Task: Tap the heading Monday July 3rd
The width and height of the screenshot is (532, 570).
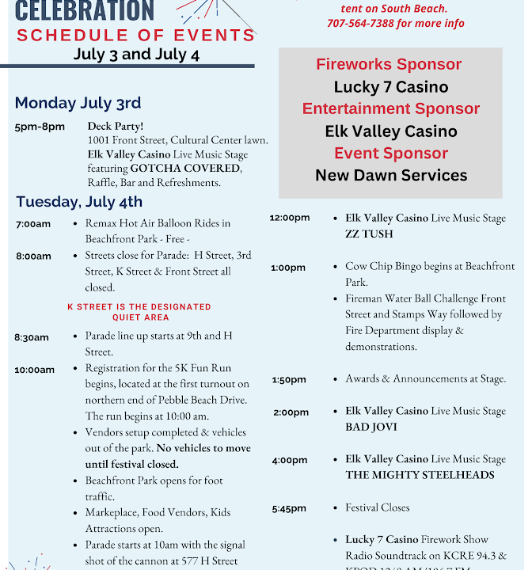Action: click(78, 103)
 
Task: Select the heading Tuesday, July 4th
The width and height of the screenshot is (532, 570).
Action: click(79, 201)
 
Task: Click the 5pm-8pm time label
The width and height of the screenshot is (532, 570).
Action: click(40, 127)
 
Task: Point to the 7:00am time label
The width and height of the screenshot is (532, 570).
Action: click(33, 224)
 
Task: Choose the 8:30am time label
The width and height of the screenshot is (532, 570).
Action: click(32, 337)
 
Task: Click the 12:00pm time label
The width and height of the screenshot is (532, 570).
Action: click(290, 218)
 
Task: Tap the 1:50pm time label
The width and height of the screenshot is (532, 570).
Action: click(289, 380)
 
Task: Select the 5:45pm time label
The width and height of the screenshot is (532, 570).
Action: click(290, 508)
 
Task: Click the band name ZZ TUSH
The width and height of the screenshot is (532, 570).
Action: click(369, 234)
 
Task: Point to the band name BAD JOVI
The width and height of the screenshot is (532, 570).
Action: click(371, 427)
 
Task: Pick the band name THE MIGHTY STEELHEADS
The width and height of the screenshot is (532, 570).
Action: click(420, 475)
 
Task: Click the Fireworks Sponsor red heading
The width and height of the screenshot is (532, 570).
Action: click(389, 65)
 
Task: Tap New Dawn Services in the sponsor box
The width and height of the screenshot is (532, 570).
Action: click(391, 176)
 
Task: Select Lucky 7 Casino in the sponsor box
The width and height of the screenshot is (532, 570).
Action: click(391, 87)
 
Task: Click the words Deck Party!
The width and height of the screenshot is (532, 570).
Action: click(116, 126)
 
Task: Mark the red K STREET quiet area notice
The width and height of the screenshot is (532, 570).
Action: click(139, 312)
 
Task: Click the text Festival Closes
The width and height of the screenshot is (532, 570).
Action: click(378, 507)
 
